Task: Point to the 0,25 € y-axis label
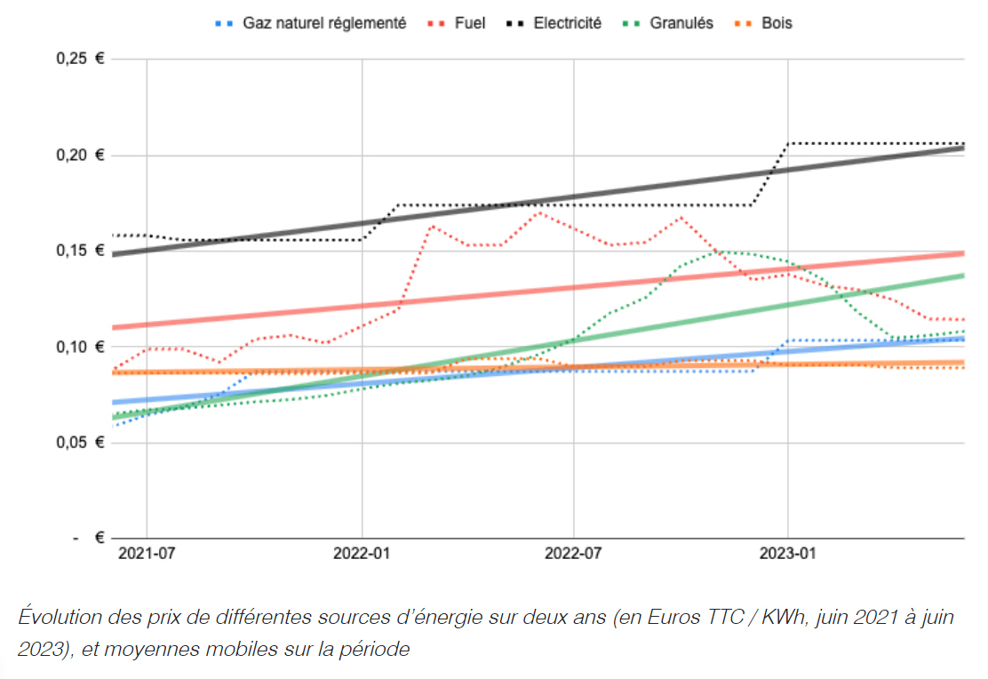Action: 79,60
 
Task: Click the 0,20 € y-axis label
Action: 79,156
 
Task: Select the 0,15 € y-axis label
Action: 79,251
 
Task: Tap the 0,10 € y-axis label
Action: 79,347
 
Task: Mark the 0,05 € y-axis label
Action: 79,443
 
